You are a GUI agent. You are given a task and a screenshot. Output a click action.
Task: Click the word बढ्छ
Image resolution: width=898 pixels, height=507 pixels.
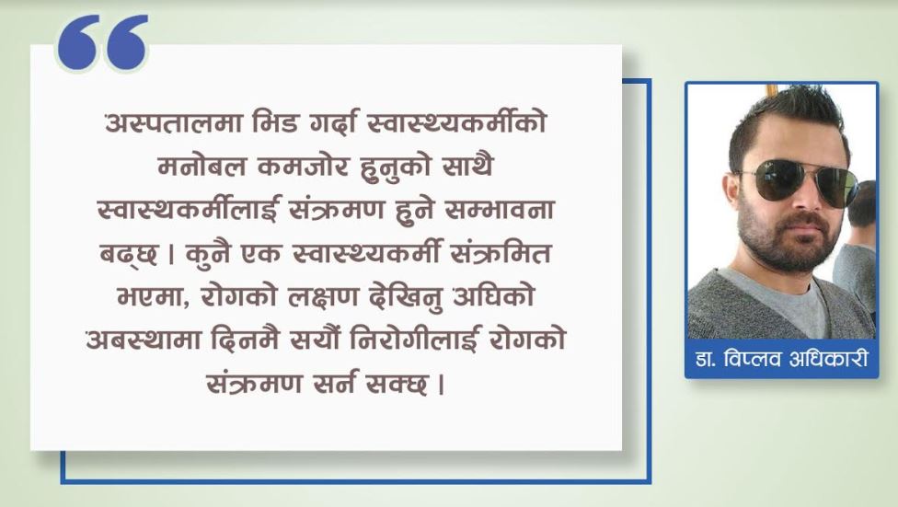(129, 254)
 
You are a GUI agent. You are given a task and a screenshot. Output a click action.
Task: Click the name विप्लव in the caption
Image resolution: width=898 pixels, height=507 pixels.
(753, 359)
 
